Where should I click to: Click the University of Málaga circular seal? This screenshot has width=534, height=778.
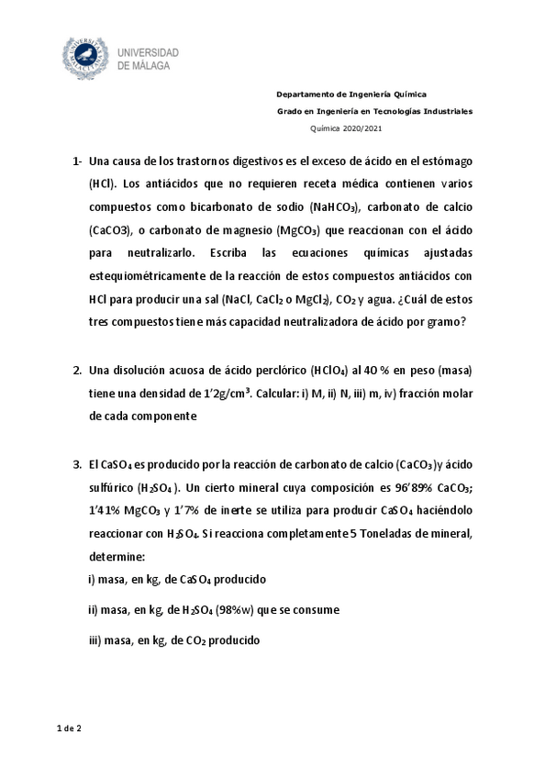click(84, 58)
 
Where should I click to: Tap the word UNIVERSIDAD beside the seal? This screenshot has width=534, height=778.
click(148, 53)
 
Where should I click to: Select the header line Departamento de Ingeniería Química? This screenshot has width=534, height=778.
click(351, 94)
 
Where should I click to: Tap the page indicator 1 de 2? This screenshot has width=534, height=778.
click(69, 728)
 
